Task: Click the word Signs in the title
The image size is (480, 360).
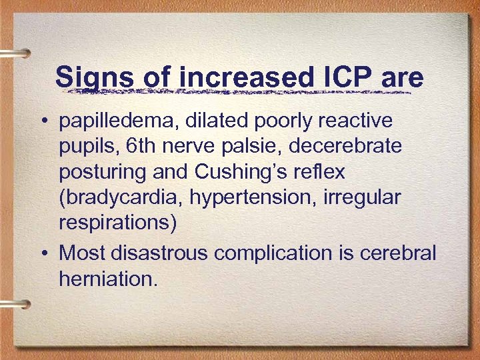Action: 95,77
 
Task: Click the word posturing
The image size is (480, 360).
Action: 102,172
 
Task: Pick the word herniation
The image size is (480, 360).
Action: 108,279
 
